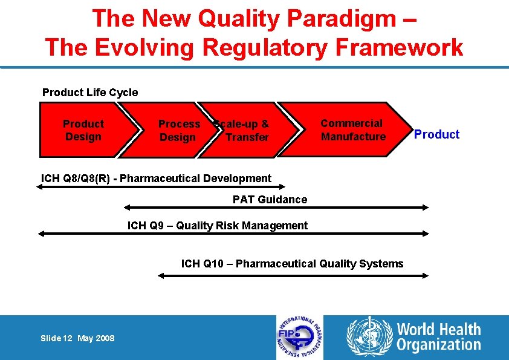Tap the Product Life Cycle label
click(x=90, y=93)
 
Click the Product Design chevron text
click(x=83, y=130)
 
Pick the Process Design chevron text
click(x=179, y=131)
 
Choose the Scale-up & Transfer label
click(x=244, y=131)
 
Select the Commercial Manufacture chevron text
click(x=353, y=130)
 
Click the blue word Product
click(x=436, y=134)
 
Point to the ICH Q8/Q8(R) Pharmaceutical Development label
click(x=156, y=178)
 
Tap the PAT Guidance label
click(x=270, y=200)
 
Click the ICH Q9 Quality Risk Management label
click(x=217, y=226)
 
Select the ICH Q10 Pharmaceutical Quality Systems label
click(x=292, y=264)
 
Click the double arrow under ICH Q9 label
click(x=233, y=234)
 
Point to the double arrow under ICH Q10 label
click(x=293, y=275)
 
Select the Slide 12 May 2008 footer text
click(x=77, y=338)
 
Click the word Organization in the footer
click(x=438, y=345)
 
